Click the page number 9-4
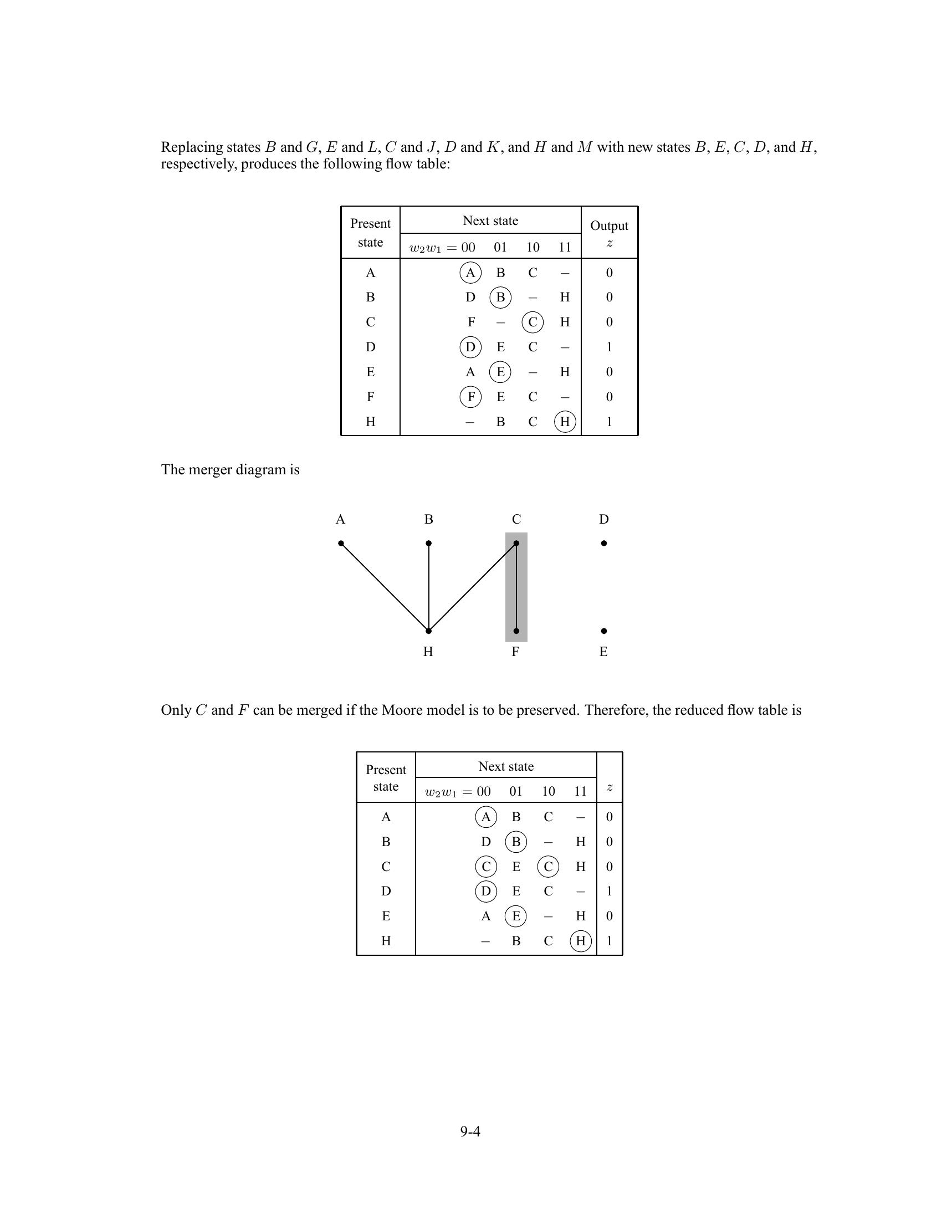coord(470,1131)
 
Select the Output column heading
coord(609,226)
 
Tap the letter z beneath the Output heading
coord(610,243)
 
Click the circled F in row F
coord(470,397)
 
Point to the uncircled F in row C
coord(471,322)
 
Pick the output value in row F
coord(610,397)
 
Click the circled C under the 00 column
coord(485,866)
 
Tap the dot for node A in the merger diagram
coord(341,543)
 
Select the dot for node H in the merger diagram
coord(428,631)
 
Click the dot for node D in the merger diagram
coord(604,543)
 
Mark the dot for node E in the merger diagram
coord(604,631)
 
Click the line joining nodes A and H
coord(385,587)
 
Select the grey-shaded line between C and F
coord(516,587)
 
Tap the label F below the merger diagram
coord(516,652)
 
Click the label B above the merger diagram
coord(428,520)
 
